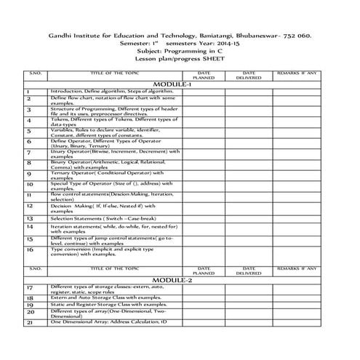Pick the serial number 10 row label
29,185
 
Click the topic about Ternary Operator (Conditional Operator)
109,174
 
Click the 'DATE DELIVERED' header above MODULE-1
249,76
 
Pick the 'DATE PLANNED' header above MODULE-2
204,271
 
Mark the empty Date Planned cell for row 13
204,217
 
